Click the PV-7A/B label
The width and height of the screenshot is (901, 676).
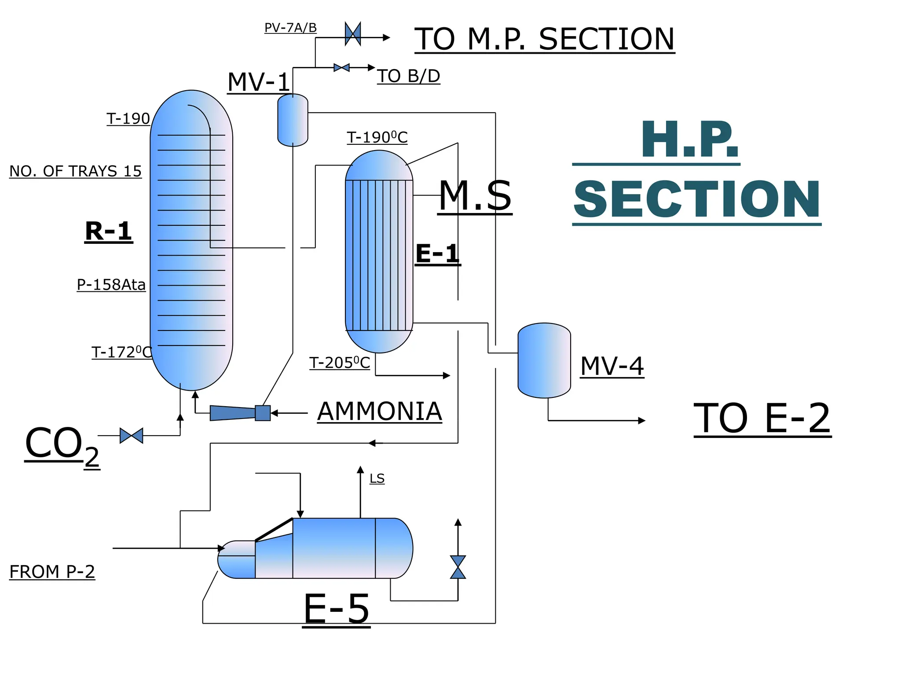290,28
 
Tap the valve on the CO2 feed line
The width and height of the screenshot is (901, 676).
131,436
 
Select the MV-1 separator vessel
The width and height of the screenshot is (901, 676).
293,120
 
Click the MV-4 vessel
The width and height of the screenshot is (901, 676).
544,360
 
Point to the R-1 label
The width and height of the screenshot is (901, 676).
109,231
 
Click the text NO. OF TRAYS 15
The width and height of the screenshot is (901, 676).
75,171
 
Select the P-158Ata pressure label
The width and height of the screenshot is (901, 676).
111,285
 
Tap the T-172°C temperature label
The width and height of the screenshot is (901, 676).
121,353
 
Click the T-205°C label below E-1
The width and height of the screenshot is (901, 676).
340,363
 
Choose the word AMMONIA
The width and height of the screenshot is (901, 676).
379,412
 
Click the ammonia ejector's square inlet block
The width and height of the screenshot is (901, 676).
263,413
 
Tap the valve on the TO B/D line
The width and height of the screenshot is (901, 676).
341,68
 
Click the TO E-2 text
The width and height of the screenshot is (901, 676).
762,419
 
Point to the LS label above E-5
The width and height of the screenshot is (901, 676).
377,478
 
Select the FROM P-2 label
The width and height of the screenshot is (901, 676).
52,572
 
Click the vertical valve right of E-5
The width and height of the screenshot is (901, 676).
458,567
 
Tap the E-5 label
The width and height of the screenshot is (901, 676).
337,609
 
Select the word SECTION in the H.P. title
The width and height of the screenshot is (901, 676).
697,200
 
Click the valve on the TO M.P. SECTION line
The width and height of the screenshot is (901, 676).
353,33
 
